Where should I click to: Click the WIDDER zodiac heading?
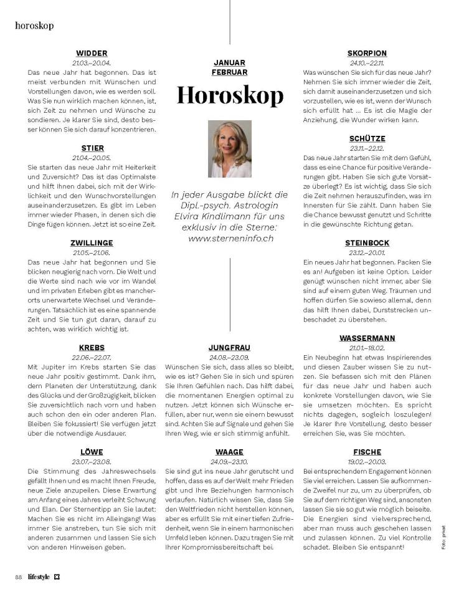[92, 54]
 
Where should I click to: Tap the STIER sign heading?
[92, 148]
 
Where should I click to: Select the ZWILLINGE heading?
[92, 243]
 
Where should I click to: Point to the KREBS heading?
[92, 348]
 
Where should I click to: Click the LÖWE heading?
[92, 452]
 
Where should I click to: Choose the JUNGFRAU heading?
[229, 348]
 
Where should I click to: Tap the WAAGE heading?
[229, 452]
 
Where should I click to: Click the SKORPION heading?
[367, 54]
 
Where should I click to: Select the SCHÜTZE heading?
[367, 138]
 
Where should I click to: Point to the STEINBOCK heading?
[367, 243]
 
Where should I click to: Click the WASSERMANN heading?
[367, 338]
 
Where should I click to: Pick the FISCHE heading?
[367, 452]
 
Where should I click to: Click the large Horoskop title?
[229, 95]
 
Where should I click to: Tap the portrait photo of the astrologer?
[229, 149]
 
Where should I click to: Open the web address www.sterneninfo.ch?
[229, 238]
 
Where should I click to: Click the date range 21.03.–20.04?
[92, 63]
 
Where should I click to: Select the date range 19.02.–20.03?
[367, 461]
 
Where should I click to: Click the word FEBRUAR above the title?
[229, 72]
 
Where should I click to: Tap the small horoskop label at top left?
[34, 26]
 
